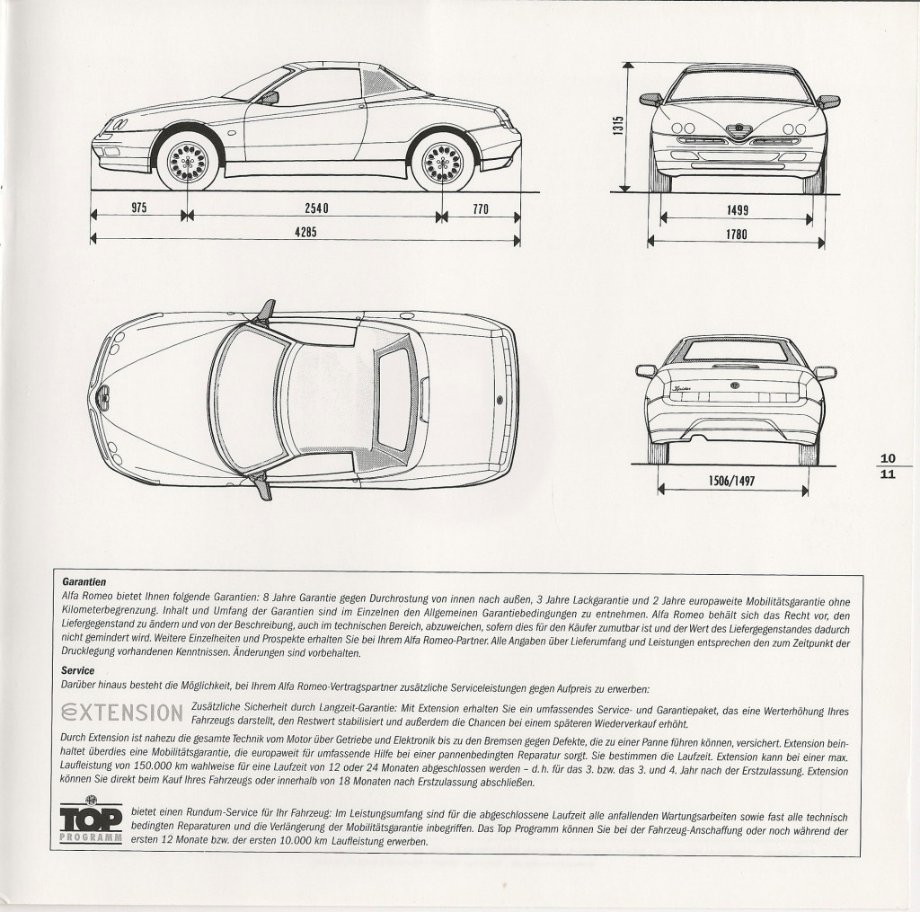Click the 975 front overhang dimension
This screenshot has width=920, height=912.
[x=139, y=208]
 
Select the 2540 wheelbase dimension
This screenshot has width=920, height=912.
[x=317, y=208]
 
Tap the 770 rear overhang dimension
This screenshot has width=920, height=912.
[x=481, y=209]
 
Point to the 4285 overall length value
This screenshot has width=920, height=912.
[x=305, y=233]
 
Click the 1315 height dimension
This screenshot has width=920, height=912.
[x=618, y=126]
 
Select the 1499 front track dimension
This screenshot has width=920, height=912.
[x=737, y=210]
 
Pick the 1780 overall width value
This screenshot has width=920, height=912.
[x=737, y=235]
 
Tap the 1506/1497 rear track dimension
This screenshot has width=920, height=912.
[x=731, y=482]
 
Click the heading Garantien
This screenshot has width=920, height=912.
[x=84, y=582]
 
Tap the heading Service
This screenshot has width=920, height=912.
[x=77, y=670]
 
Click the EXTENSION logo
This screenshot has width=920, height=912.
[x=121, y=713]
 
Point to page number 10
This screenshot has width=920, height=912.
[x=889, y=459]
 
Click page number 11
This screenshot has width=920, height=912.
[x=889, y=474]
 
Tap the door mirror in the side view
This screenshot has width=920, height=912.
[x=268, y=97]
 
